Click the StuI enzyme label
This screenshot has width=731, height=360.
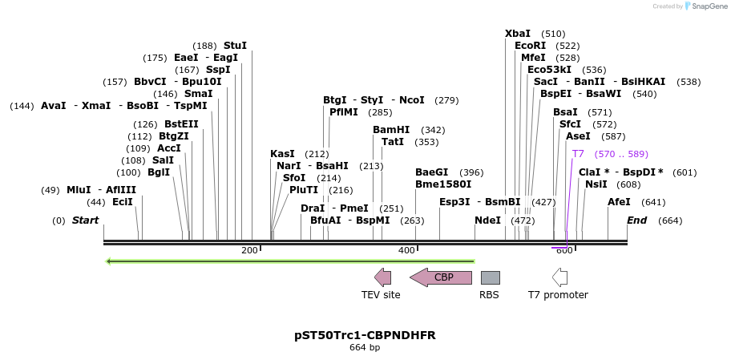click(x=235, y=46)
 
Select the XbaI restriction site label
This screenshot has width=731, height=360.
click(x=518, y=34)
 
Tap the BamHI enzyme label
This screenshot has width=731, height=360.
click(x=391, y=130)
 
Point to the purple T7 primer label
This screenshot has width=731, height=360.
click(x=578, y=154)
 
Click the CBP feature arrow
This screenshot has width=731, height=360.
click(x=441, y=277)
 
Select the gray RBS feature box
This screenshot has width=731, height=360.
click(x=490, y=277)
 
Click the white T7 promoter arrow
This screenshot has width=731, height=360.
click(x=560, y=277)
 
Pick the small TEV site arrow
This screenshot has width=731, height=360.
click(x=383, y=277)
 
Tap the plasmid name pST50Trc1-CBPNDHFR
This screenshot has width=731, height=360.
click(x=365, y=335)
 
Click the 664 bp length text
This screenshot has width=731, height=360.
click(x=365, y=348)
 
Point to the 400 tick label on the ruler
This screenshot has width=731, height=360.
click(x=406, y=251)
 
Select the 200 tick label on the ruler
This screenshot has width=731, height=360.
click(x=249, y=251)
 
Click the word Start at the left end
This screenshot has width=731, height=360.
click(x=85, y=220)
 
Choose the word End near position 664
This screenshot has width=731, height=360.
click(x=636, y=220)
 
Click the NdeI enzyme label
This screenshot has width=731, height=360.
click(x=487, y=220)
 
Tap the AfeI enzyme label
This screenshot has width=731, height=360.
click(x=619, y=202)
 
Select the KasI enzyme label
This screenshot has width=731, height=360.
click(x=282, y=154)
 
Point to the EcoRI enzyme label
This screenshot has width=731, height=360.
click(x=530, y=46)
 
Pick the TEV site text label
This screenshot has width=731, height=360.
click(x=381, y=295)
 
